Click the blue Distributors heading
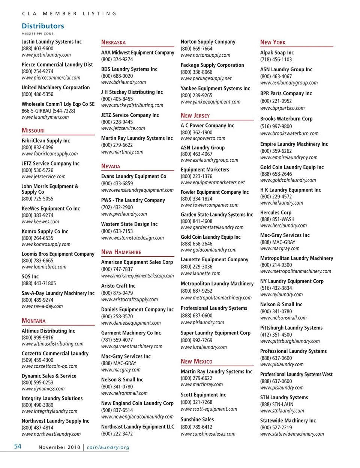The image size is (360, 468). point(43,26)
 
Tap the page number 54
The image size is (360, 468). point(18,446)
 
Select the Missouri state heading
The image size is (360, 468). point(33,130)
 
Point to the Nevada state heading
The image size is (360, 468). point(111,166)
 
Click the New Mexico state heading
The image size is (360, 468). point(196,361)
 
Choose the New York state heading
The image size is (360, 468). point(273,42)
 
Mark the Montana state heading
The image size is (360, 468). point(33,321)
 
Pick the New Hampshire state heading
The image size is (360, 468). point(121,252)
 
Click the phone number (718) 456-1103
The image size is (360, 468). point(276,59)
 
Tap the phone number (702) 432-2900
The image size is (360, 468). point(117,207)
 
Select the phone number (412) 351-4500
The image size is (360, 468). point(276,334)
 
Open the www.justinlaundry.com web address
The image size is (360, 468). point(46,55)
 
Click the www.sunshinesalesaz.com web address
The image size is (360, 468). point(208,433)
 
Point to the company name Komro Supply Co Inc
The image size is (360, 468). point(45,231)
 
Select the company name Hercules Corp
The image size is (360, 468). point(276,212)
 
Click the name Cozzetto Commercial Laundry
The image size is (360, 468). point(55,353)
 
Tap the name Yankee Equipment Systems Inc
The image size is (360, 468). point(215,89)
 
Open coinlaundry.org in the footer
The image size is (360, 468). point(108,447)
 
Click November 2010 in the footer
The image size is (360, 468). point(59,447)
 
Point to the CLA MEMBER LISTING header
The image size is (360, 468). point(69,14)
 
